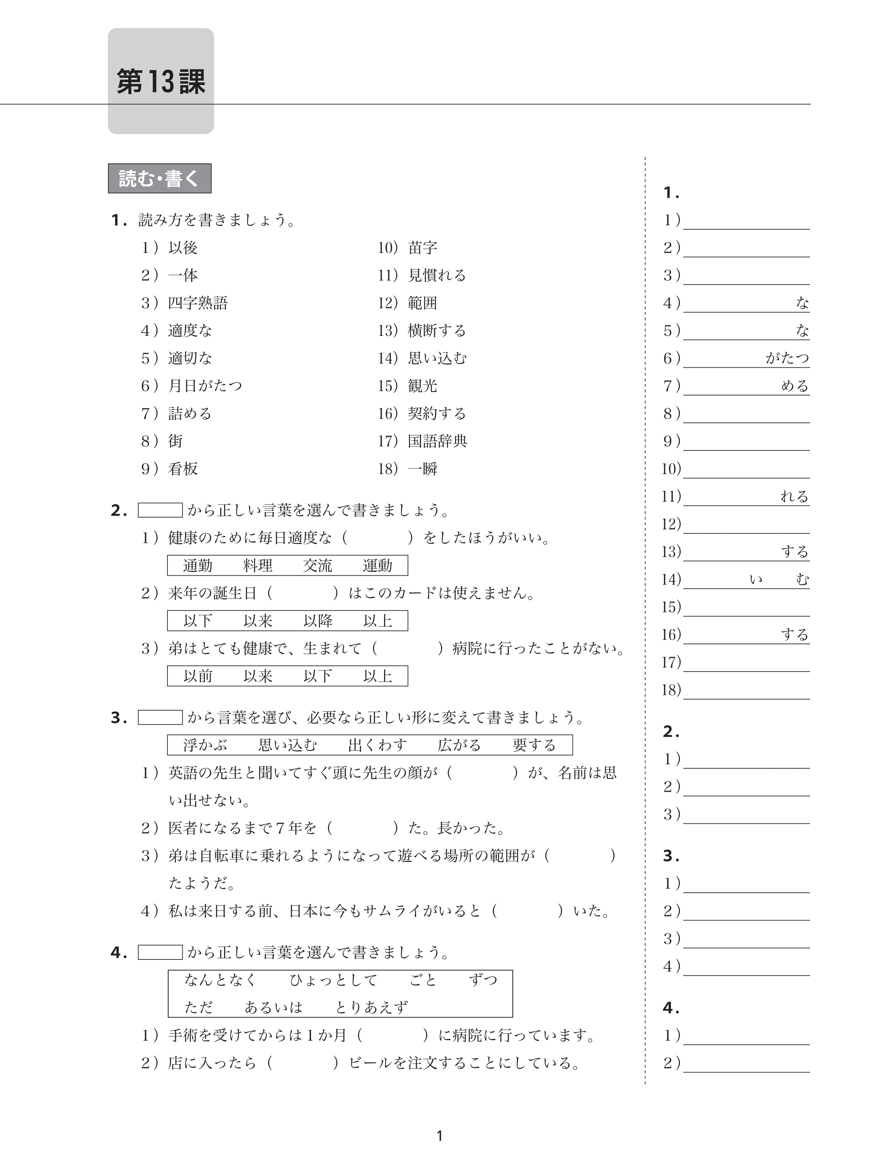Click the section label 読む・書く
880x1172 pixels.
[x=159, y=179]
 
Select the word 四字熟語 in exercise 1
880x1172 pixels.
[x=198, y=303]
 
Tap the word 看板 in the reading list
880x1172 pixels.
[x=183, y=469]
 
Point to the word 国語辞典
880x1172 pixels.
[x=437, y=441]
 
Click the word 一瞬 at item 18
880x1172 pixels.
[x=423, y=469]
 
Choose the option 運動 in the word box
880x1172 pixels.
[x=377, y=566]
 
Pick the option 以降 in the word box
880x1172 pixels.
[x=318, y=621]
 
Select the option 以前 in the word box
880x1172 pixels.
[x=198, y=676]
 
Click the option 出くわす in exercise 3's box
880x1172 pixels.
[x=377, y=745]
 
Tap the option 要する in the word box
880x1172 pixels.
[x=534, y=745]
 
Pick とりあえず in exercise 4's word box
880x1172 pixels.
[x=371, y=1007]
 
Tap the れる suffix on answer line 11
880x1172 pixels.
[x=794, y=497]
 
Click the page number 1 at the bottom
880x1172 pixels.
[x=439, y=1136]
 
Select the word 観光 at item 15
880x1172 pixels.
[x=423, y=386]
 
